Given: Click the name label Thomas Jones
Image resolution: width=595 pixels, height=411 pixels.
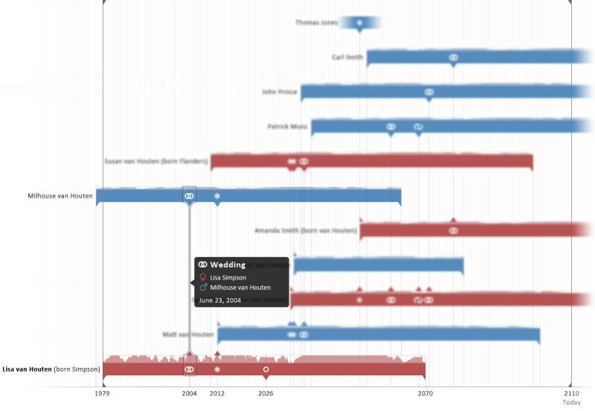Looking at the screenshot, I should pos(316,22).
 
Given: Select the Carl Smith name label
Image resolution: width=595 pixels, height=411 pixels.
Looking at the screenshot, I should pos(347,57).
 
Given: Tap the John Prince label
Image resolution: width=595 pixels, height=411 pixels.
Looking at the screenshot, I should pos(279,92).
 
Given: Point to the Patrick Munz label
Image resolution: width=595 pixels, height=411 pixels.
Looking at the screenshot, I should pos(287,127).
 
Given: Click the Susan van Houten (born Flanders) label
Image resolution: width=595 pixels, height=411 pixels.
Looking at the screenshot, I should pos(156,161).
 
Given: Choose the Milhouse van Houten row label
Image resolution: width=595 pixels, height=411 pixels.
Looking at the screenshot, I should pos(60,196).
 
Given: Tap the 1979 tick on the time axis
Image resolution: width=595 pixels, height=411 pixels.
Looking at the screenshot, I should pos(103,393).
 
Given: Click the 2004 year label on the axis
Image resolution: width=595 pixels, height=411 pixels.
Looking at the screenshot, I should pos(189,393).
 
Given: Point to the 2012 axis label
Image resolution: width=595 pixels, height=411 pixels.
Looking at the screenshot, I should pos(217,393).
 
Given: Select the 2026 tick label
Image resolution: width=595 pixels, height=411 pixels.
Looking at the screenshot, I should pos(266,393).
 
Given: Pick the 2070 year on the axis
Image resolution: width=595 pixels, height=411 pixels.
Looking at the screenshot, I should pos(425,393).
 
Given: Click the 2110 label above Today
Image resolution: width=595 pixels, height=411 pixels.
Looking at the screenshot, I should pos(570,393).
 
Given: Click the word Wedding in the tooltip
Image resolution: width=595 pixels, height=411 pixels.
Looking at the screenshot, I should pos(227,265).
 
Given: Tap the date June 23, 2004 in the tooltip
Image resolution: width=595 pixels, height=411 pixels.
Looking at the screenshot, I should pos(220,300).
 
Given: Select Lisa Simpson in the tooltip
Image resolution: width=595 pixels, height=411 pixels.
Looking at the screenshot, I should pos(228,277).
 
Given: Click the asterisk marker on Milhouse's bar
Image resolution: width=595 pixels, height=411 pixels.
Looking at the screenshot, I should pos(217,196).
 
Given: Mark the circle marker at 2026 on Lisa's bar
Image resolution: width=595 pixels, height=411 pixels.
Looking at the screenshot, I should pos(266,369).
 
